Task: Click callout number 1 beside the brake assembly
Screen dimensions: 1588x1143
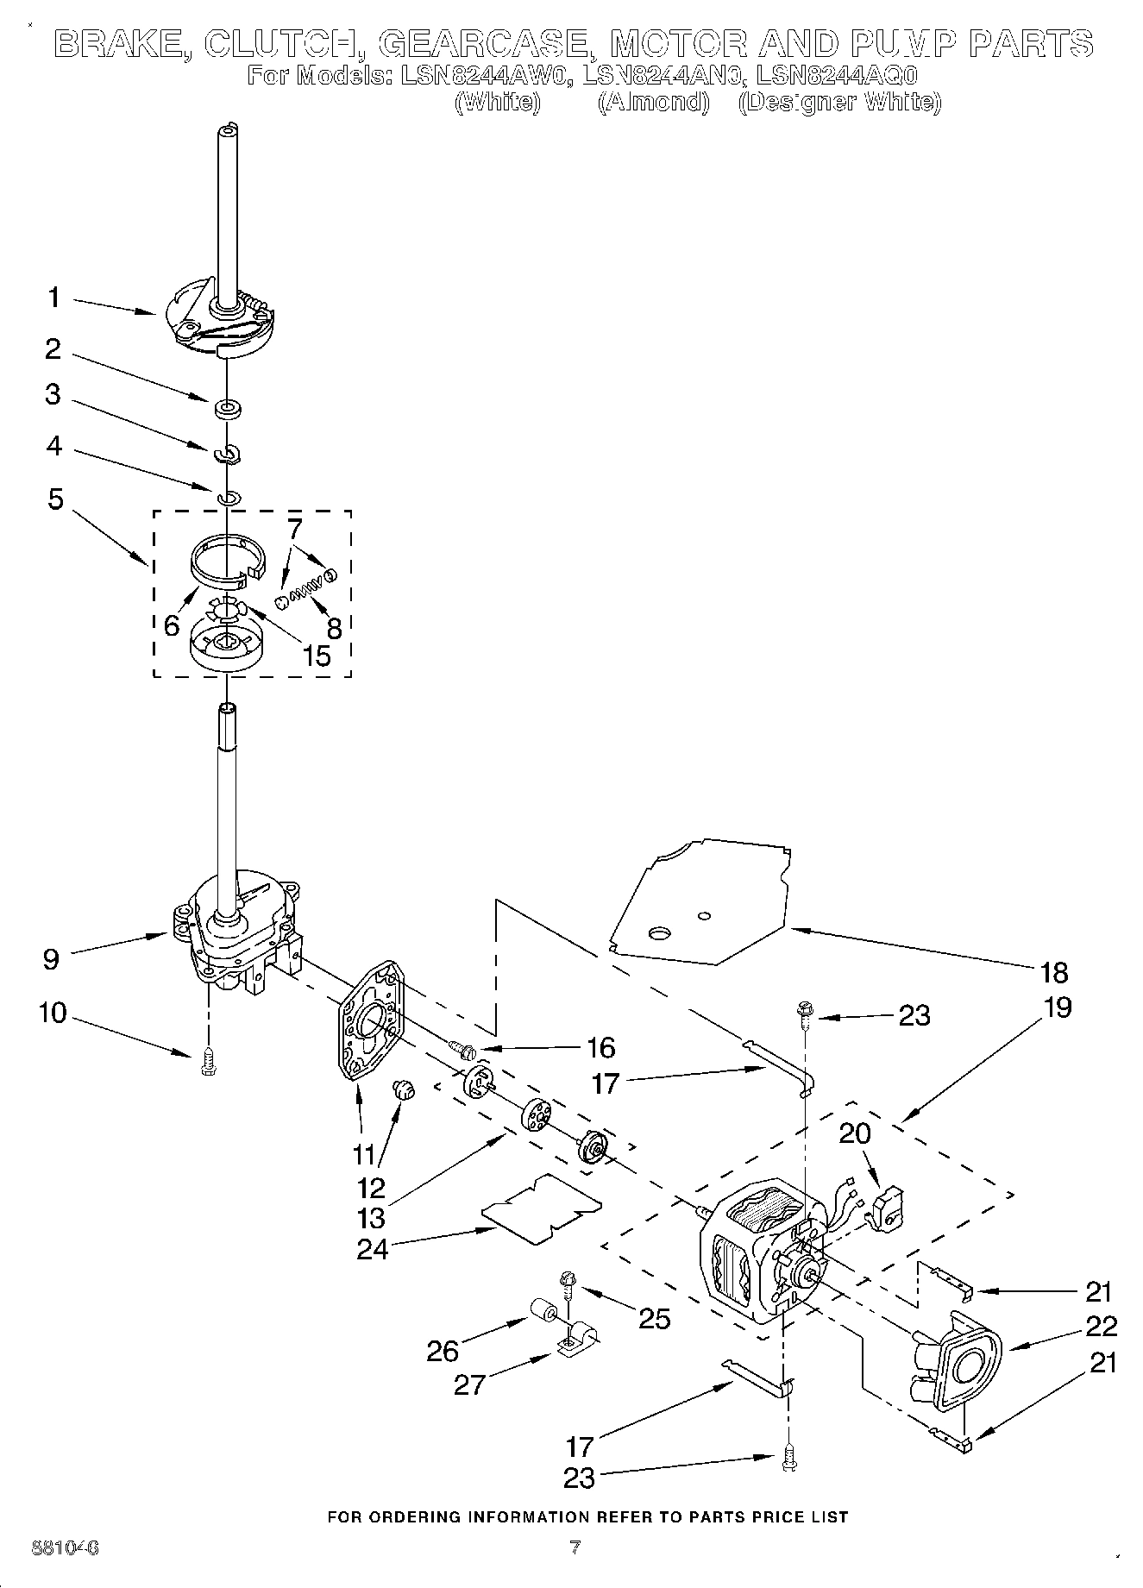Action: pyautogui.click(x=53, y=298)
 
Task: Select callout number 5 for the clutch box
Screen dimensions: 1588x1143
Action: pyautogui.click(x=55, y=499)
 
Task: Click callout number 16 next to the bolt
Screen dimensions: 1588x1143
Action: pyautogui.click(x=600, y=1047)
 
